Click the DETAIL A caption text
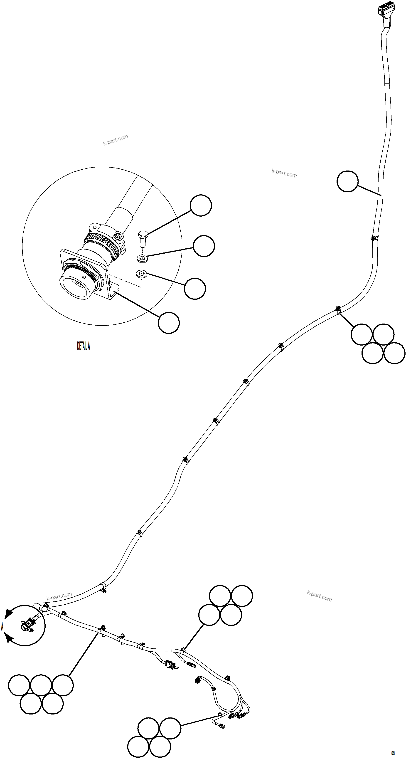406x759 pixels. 83,346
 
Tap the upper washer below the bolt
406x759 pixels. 142,259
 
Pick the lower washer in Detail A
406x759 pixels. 141,274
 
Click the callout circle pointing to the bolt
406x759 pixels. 201,205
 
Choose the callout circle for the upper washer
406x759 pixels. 204,246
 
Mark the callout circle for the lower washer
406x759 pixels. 195,288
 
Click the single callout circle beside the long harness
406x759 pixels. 347,181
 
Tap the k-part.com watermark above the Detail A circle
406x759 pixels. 116,140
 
